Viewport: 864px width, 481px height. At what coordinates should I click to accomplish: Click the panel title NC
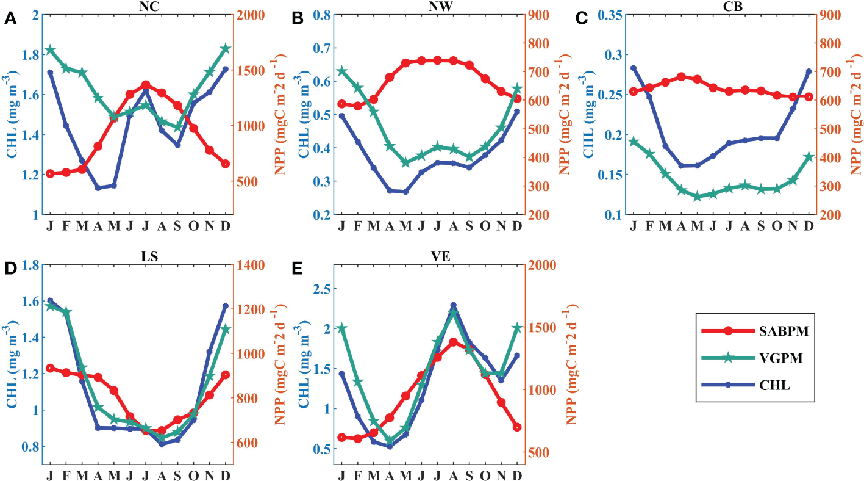click(x=138, y=5)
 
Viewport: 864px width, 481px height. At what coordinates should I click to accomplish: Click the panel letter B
click(x=298, y=18)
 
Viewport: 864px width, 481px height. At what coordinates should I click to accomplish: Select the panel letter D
click(x=10, y=269)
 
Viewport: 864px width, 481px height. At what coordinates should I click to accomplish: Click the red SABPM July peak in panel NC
click(x=146, y=85)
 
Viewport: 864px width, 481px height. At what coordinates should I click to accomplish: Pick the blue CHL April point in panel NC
click(x=98, y=188)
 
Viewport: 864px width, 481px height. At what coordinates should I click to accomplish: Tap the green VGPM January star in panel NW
click(x=341, y=71)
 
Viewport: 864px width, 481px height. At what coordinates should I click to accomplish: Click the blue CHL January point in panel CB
click(x=634, y=68)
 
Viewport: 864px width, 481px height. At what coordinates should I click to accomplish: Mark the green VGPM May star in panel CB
click(x=698, y=197)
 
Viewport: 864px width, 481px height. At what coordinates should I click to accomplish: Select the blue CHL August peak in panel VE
click(x=454, y=305)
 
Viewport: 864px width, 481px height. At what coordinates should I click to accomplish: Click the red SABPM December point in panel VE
click(x=517, y=427)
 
